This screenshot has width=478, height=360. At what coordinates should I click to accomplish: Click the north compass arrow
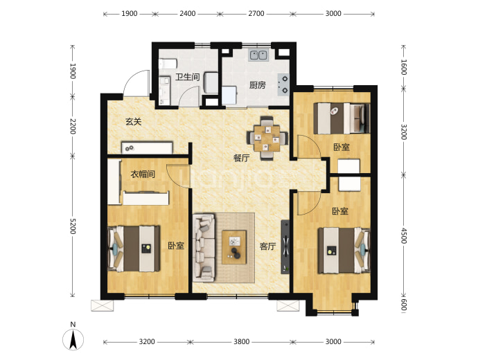click(73, 340)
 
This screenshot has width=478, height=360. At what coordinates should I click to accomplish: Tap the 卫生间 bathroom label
click(188, 77)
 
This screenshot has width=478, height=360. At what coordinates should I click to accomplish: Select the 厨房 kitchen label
click(257, 85)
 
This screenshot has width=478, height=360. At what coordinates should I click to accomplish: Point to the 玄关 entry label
click(134, 122)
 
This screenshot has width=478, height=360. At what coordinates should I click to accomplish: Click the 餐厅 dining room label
click(242, 158)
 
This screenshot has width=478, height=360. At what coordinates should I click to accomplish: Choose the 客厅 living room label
click(267, 246)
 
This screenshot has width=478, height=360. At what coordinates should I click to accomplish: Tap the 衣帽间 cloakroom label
click(143, 174)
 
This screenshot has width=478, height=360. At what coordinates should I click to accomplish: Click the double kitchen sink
click(259, 55)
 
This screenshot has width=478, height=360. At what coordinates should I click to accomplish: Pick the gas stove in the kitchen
click(283, 84)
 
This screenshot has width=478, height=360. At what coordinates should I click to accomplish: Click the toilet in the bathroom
click(168, 64)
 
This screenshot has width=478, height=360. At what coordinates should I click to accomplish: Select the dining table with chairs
click(267, 138)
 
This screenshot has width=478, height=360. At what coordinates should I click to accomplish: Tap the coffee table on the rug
click(234, 247)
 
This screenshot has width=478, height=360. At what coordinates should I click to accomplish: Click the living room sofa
click(204, 248)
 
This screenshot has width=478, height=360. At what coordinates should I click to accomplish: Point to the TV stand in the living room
click(285, 246)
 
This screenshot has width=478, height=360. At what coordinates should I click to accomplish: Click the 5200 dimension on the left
click(73, 226)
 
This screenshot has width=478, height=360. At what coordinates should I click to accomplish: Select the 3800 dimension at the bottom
click(242, 342)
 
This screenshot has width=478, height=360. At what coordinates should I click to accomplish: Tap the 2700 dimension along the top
click(256, 13)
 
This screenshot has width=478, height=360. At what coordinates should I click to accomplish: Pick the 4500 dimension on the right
click(403, 235)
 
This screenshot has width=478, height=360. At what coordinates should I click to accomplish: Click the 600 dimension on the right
click(403, 304)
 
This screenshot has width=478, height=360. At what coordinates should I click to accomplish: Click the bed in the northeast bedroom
click(342, 118)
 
